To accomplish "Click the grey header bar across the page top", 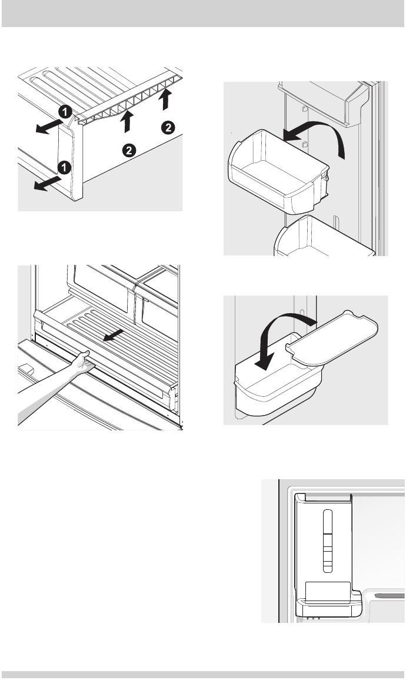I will click(203, 14).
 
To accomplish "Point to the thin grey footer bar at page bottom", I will click(203, 675).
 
